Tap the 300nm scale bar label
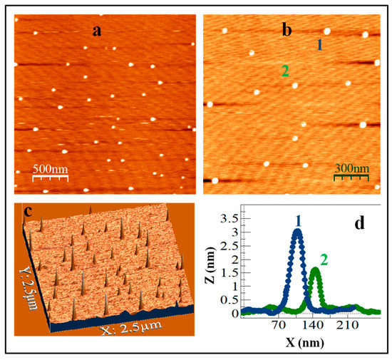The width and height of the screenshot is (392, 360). point(351,168)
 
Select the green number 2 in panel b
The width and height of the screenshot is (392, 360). point(284,71)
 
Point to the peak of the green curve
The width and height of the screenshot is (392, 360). point(315,269)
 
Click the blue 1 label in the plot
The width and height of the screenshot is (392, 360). point(298,218)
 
